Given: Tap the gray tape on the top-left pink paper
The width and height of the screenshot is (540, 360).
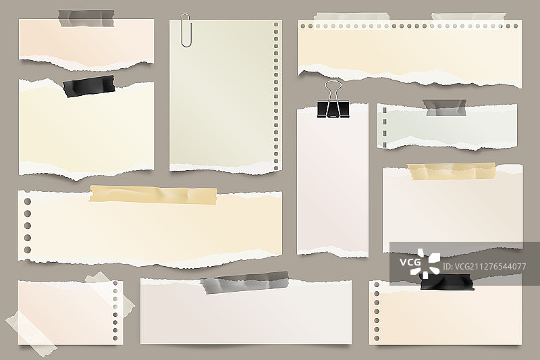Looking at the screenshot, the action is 86,18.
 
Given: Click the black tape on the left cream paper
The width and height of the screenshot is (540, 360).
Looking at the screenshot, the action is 89,86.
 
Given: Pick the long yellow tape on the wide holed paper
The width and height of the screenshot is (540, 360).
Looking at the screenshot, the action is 153,195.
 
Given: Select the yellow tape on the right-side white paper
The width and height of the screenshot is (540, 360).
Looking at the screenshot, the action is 452,171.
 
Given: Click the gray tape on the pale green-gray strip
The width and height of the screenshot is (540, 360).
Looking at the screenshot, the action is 445,108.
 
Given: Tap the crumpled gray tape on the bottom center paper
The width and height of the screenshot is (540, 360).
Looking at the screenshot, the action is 245,282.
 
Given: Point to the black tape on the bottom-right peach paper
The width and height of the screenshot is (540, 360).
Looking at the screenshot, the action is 447,282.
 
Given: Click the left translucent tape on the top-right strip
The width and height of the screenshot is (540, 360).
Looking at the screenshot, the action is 352,17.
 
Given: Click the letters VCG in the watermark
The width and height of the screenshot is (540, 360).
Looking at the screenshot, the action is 410,263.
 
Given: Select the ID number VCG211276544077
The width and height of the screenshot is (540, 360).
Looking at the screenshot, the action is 484,266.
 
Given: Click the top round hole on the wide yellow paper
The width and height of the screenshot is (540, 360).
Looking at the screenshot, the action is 28,201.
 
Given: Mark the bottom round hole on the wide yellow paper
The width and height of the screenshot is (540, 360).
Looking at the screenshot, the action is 28,250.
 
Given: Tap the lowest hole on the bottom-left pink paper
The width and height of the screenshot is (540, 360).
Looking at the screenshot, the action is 115,338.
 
